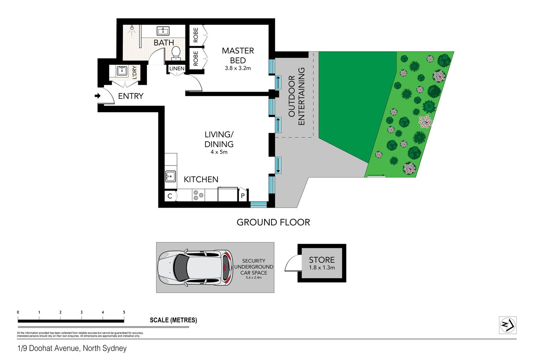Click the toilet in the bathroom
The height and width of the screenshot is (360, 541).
click(x=176, y=54)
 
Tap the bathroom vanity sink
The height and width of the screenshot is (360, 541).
click(x=163, y=31)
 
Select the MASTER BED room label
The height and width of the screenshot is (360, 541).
click(x=238, y=56)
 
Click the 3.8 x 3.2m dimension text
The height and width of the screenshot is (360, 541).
click(x=238, y=68)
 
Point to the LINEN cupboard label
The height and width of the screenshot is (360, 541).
click(x=177, y=69)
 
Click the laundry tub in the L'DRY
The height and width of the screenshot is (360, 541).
click(x=122, y=71)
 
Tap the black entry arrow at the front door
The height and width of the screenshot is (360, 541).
click(x=98, y=96)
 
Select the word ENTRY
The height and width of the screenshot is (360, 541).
click(x=131, y=96)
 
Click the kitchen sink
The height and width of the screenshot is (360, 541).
click(x=171, y=176)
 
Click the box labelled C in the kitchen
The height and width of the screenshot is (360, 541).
click(x=170, y=196)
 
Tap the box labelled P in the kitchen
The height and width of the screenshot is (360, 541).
click(x=243, y=196)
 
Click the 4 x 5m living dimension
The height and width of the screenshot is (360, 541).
click(x=219, y=152)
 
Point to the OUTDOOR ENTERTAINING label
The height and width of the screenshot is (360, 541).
click(x=296, y=96)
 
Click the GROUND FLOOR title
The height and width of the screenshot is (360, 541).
click(x=273, y=222)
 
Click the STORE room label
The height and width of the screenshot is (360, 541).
click(x=322, y=260)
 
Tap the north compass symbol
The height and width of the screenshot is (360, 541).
click(x=508, y=325)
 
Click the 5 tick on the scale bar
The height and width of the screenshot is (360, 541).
click(x=124, y=312)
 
